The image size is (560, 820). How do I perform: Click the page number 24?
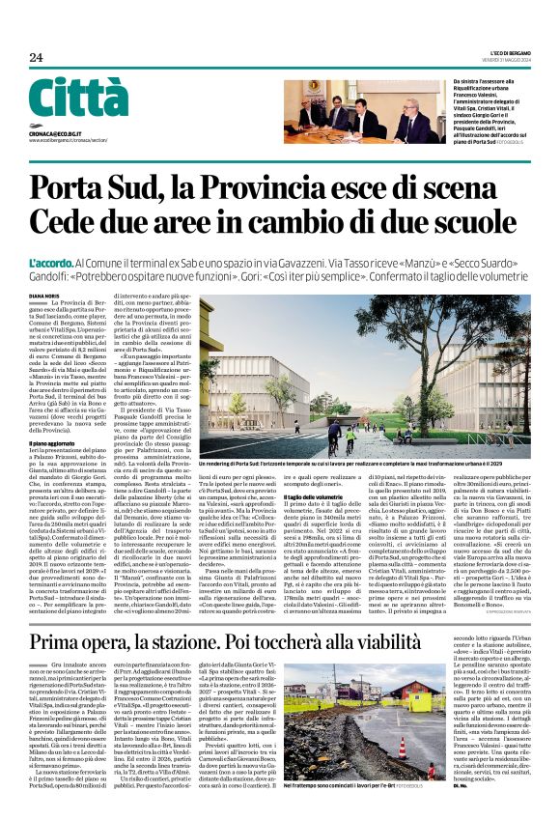point(37,57)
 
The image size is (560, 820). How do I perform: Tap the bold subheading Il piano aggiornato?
point(58,442)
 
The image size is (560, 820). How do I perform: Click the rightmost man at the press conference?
point(408,124)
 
